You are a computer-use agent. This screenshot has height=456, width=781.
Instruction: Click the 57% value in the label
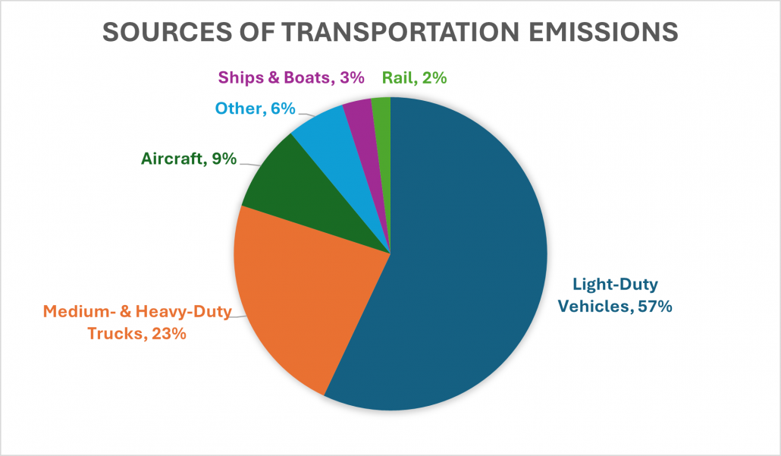click(x=654, y=307)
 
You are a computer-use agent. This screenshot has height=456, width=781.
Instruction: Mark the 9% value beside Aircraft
click(x=225, y=159)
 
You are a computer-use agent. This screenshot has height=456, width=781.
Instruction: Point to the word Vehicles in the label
click(x=592, y=307)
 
